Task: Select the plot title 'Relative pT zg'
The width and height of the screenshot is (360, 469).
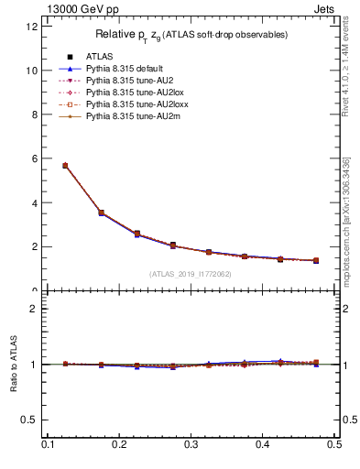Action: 191,35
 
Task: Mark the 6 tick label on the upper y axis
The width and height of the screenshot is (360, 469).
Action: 35,158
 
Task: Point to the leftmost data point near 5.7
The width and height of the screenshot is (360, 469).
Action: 65,166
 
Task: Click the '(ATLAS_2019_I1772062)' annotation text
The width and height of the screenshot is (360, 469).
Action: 190,273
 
